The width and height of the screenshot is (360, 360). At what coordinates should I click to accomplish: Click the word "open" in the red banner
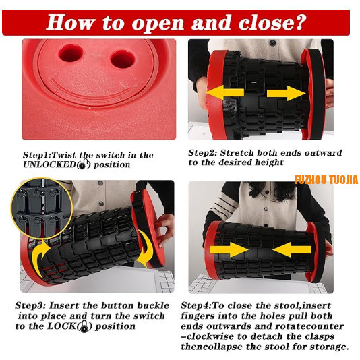click(158, 23)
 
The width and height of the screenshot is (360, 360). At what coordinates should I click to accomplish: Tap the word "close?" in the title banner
click(272, 22)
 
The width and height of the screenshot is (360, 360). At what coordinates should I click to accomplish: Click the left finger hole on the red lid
click(71, 53)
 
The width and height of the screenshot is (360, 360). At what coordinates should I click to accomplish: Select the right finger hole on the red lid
click(123, 59)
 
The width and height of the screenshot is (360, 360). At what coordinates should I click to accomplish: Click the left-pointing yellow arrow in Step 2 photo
click(225, 92)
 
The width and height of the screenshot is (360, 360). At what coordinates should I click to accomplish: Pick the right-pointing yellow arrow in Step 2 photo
click(287, 93)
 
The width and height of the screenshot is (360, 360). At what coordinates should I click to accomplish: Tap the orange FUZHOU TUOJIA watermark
click(326, 180)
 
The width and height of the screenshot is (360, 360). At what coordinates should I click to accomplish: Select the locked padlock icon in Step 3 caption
click(84, 326)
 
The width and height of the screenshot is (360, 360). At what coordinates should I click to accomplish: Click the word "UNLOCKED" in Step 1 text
click(50, 164)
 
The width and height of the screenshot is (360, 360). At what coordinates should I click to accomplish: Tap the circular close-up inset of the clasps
click(42, 208)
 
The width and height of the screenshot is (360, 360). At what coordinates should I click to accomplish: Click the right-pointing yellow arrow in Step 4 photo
click(229, 250)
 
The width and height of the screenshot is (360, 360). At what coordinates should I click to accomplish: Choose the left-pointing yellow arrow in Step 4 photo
click(292, 250)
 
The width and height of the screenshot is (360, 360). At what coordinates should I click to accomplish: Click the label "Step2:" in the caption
click(202, 153)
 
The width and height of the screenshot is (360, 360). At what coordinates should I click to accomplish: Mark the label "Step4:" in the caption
click(196, 305)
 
